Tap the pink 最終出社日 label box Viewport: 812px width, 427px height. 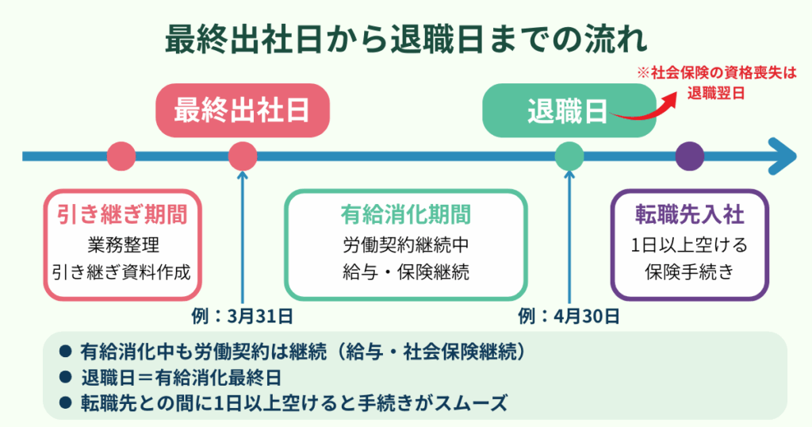[241, 110]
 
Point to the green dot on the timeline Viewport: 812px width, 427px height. [569, 156]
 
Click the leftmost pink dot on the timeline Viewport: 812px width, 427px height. [121, 156]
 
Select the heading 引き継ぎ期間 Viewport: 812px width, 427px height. [121, 215]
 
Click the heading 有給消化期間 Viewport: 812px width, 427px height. [405, 215]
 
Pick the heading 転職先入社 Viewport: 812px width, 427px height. [689, 215]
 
